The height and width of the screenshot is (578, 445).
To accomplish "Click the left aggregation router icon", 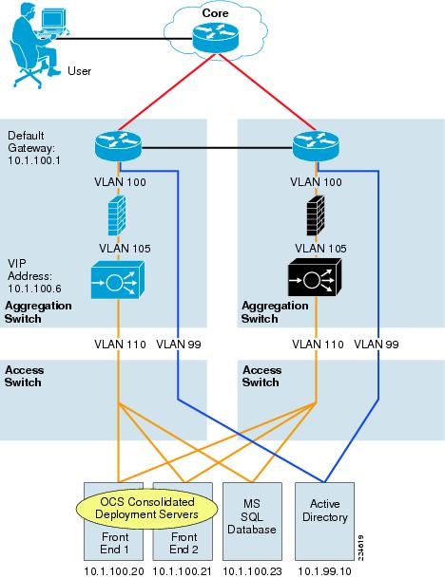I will pos(117,147).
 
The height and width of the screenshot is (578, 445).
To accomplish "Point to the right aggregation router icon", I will pos(313,147).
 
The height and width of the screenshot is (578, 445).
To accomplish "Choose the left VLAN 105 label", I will pos(118,248).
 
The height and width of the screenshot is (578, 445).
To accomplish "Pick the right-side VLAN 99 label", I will pos(376,344).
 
